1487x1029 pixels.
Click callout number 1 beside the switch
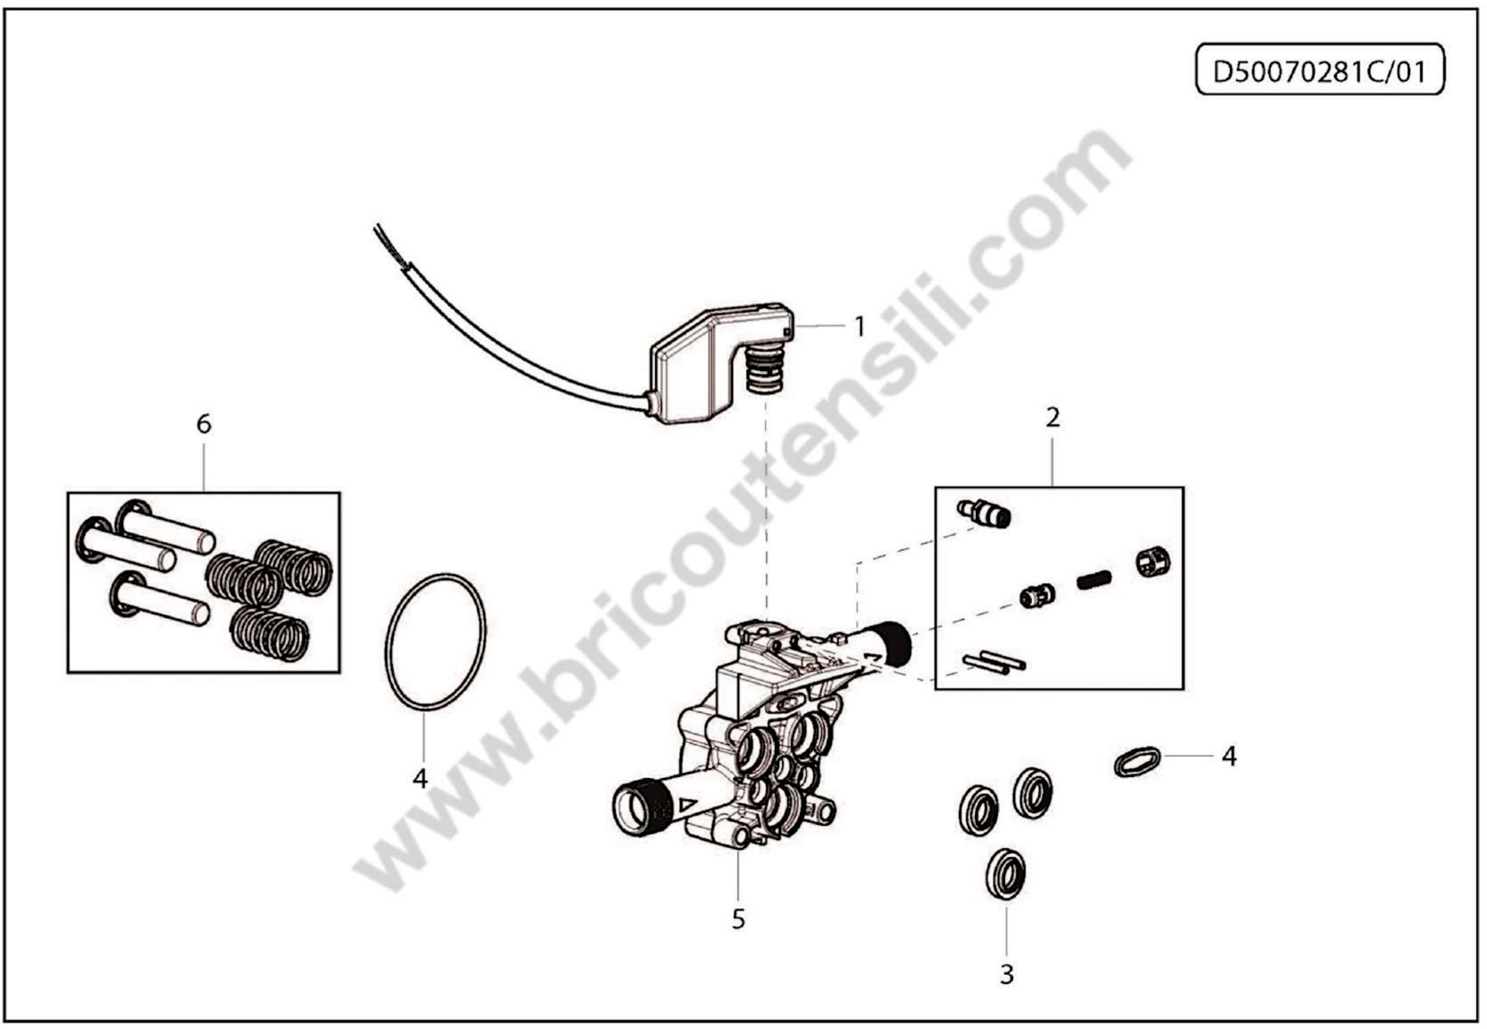(859, 327)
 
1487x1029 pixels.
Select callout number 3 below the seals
(1007, 974)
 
